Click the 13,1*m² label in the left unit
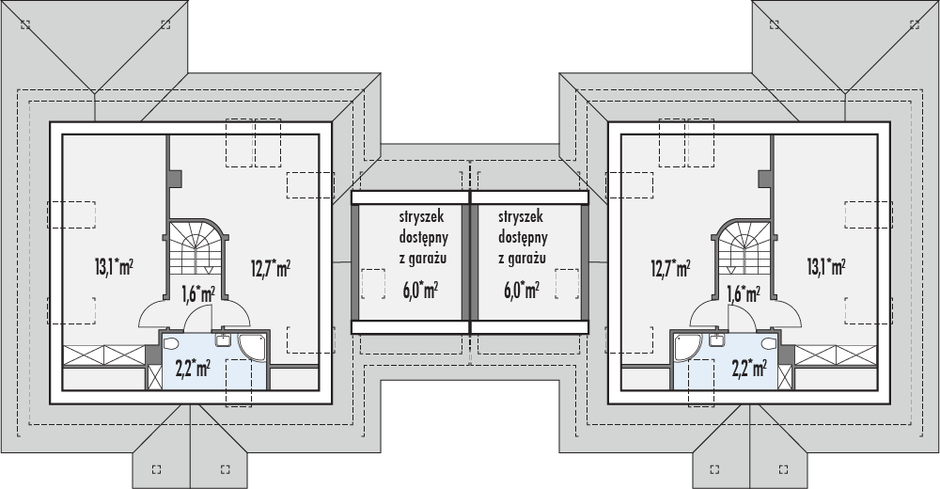[114, 267]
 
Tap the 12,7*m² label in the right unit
[670, 267]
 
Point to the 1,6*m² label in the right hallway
[744, 293]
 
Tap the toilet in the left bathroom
[170, 344]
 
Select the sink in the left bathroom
[223, 339]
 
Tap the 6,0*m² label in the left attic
[420, 291]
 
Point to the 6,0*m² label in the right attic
[522, 291]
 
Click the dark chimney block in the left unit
[175, 178]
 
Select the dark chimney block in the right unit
[765, 178]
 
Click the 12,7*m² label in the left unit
[271, 267]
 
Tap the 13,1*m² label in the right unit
[826, 267]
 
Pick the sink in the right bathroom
[717, 339]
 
